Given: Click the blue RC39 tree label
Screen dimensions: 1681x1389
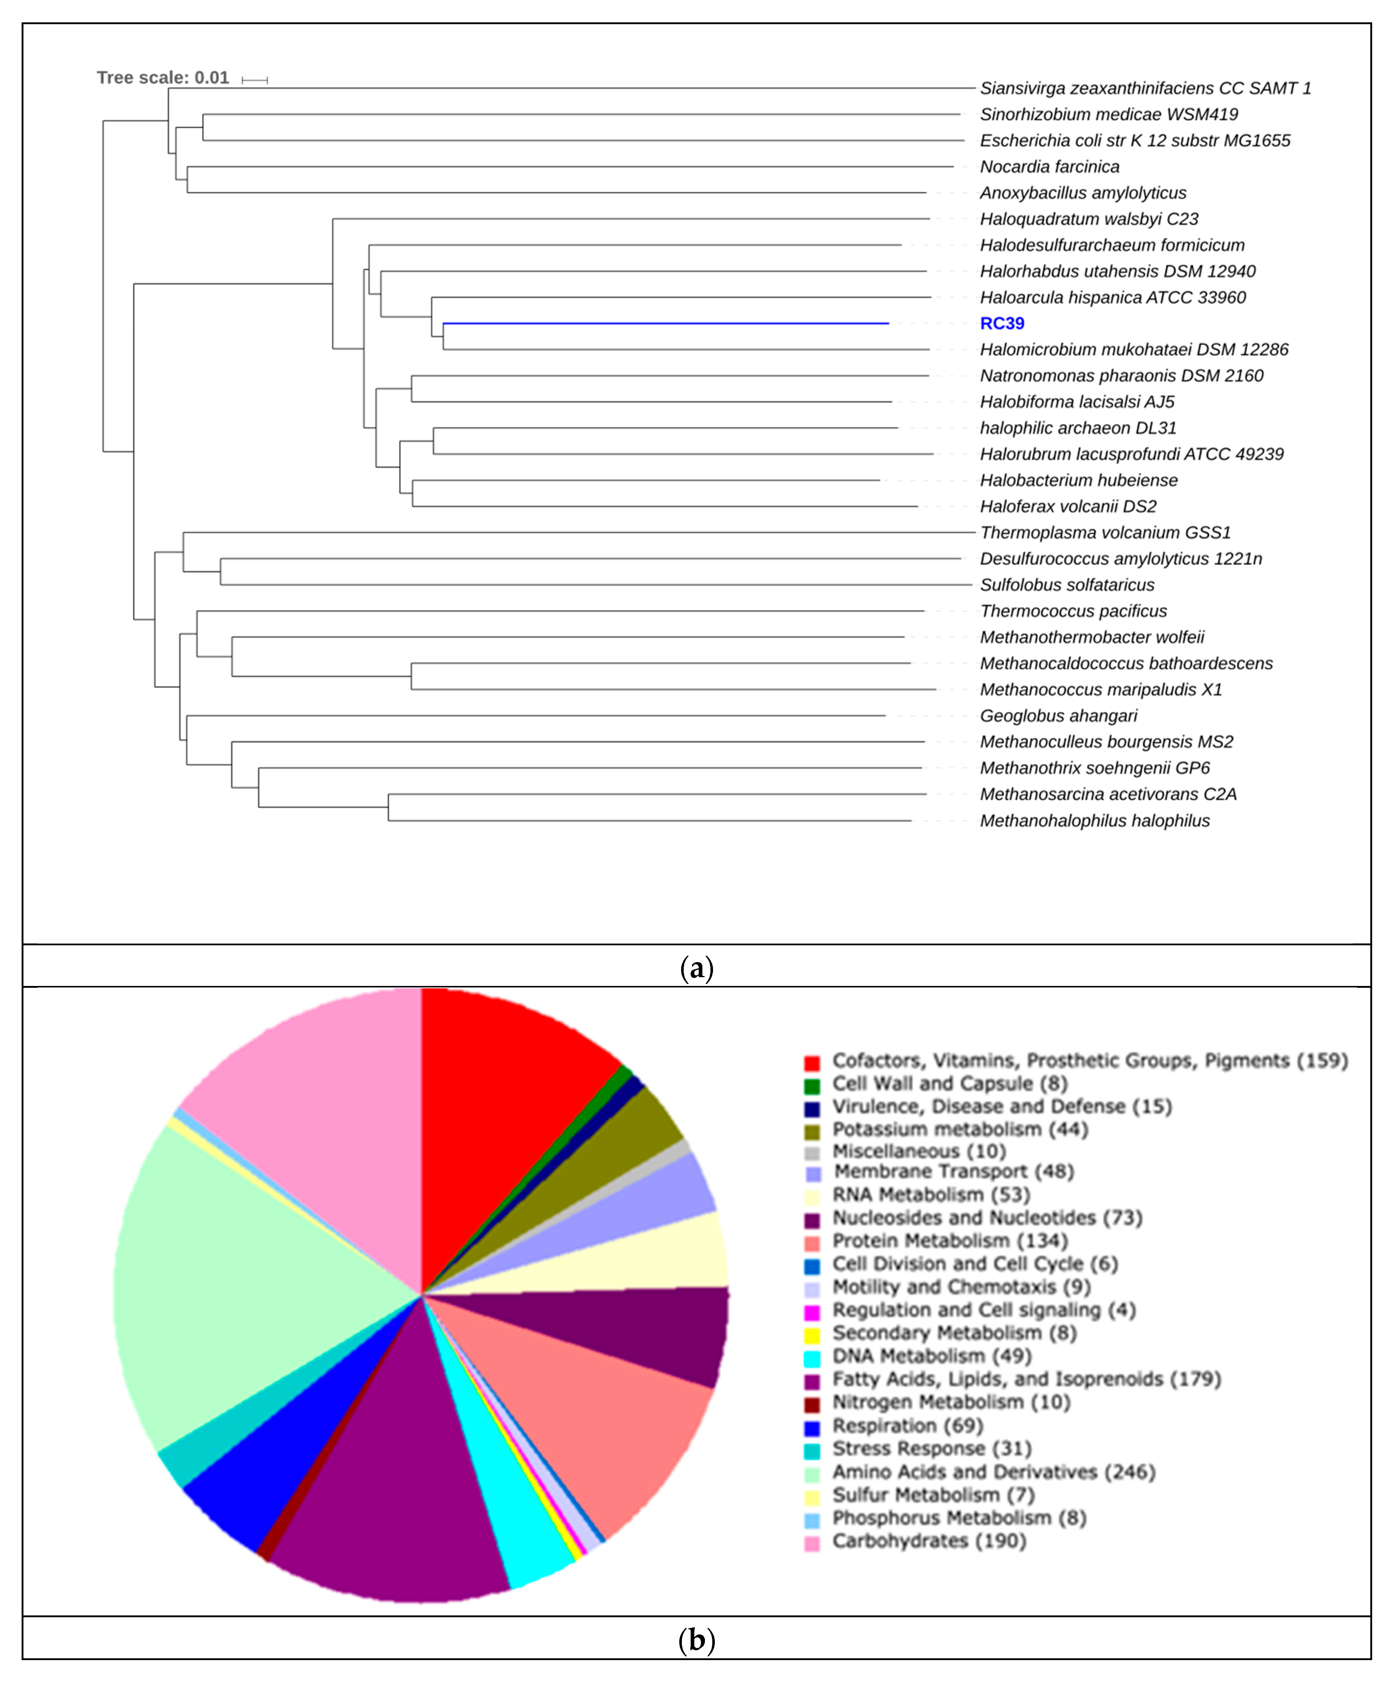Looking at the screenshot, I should point(1002,323).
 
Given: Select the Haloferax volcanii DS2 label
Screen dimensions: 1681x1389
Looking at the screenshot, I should point(1068,506).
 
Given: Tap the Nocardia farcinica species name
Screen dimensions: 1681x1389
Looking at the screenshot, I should point(1049,166).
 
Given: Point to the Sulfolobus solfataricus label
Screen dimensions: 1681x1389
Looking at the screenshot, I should point(1067,585).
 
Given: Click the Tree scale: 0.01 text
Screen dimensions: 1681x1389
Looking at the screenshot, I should point(162,78).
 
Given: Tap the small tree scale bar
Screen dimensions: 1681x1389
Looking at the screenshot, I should point(254,80).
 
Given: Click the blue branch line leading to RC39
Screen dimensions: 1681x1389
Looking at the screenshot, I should point(664,323).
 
